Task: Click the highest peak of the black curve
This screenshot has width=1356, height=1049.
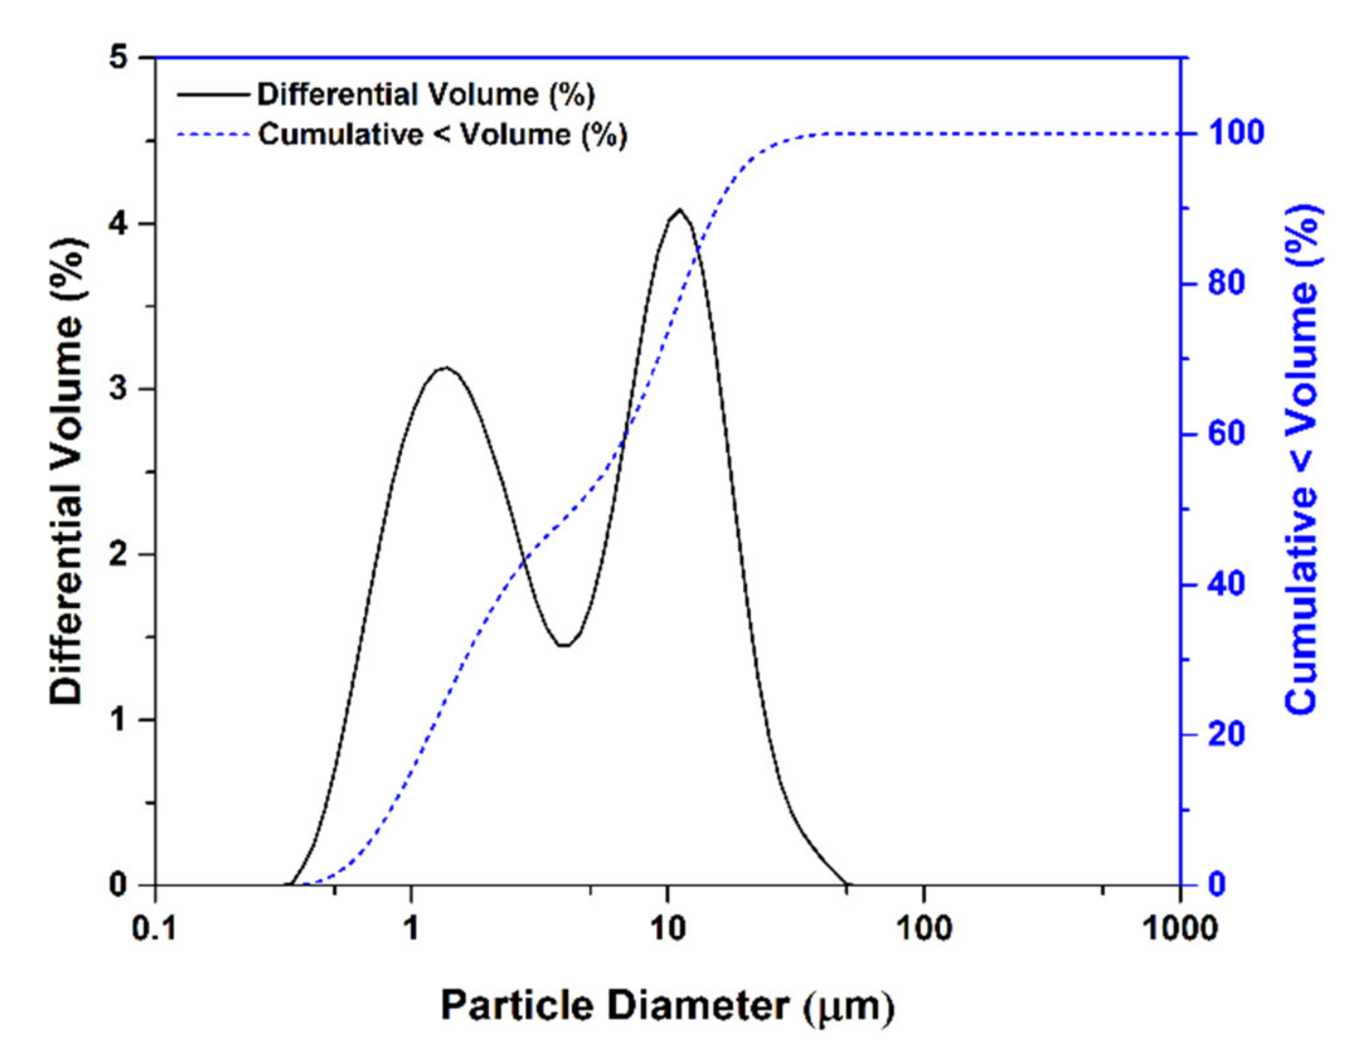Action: [x=679, y=210]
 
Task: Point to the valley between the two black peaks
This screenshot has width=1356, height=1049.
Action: [x=564, y=645]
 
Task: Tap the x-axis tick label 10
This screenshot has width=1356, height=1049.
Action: [x=667, y=928]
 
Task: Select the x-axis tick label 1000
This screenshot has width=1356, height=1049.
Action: [x=1179, y=928]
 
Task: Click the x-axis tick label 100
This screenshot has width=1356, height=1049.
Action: [x=923, y=928]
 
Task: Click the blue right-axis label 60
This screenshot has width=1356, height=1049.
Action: [x=1226, y=434]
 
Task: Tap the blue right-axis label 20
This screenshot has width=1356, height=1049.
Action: [x=1226, y=734]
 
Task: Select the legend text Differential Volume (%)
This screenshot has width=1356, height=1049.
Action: [x=426, y=95]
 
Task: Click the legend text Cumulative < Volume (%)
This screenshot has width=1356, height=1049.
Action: [x=443, y=135]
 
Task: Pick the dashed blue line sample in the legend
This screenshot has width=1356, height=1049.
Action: [x=213, y=135]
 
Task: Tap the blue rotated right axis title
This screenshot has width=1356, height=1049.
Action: [x=1302, y=460]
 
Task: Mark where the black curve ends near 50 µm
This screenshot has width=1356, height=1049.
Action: [x=846, y=884]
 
